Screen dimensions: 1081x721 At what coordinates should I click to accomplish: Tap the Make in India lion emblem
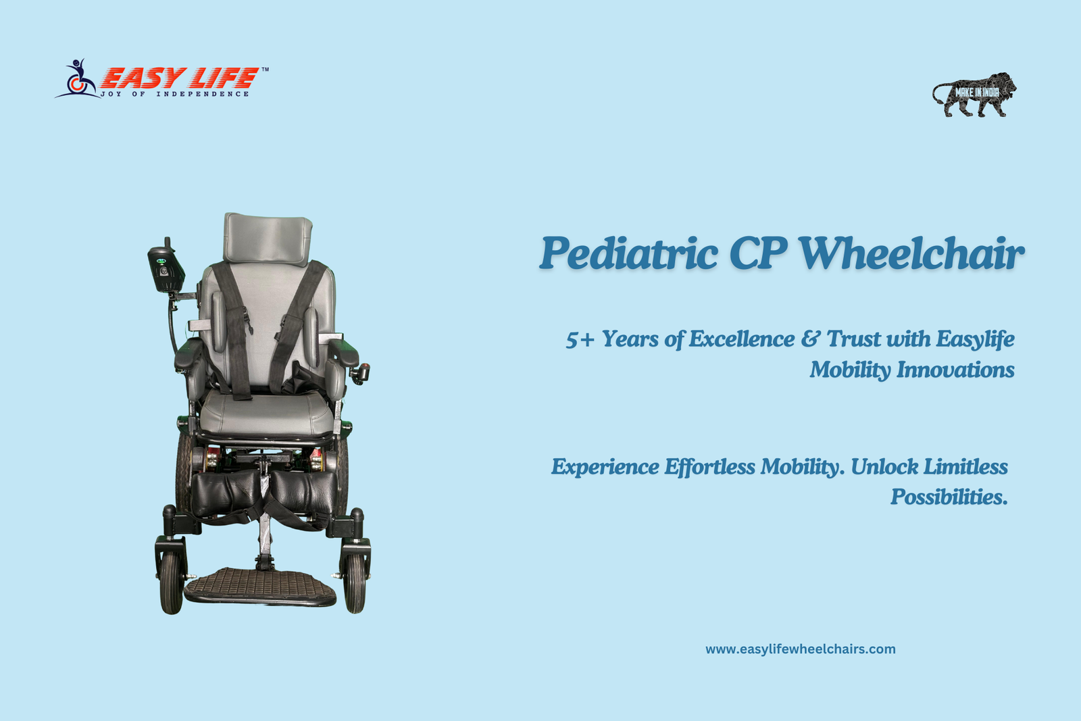(974, 95)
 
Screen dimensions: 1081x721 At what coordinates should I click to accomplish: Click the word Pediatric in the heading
(628, 254)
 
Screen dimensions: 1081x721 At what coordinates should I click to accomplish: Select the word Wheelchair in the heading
(911, 253)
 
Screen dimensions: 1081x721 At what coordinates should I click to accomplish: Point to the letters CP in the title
(758, 253)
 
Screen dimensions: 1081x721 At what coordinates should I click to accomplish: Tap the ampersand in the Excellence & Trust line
(810, 339)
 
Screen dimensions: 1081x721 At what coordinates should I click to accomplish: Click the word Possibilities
(949, 497)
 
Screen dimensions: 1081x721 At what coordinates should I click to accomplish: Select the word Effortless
(709, 467)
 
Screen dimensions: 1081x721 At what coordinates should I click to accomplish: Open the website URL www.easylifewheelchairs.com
(800, 649)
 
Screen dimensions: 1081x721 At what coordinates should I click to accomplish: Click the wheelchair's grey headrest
(268, 239)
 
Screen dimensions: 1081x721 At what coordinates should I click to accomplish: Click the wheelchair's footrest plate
(260, 586)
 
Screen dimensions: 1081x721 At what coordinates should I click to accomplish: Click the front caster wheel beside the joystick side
(172, 583)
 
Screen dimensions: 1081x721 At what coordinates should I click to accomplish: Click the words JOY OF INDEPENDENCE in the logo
(175, 94)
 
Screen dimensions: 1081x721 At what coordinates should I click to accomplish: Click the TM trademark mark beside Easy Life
(265, 70)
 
